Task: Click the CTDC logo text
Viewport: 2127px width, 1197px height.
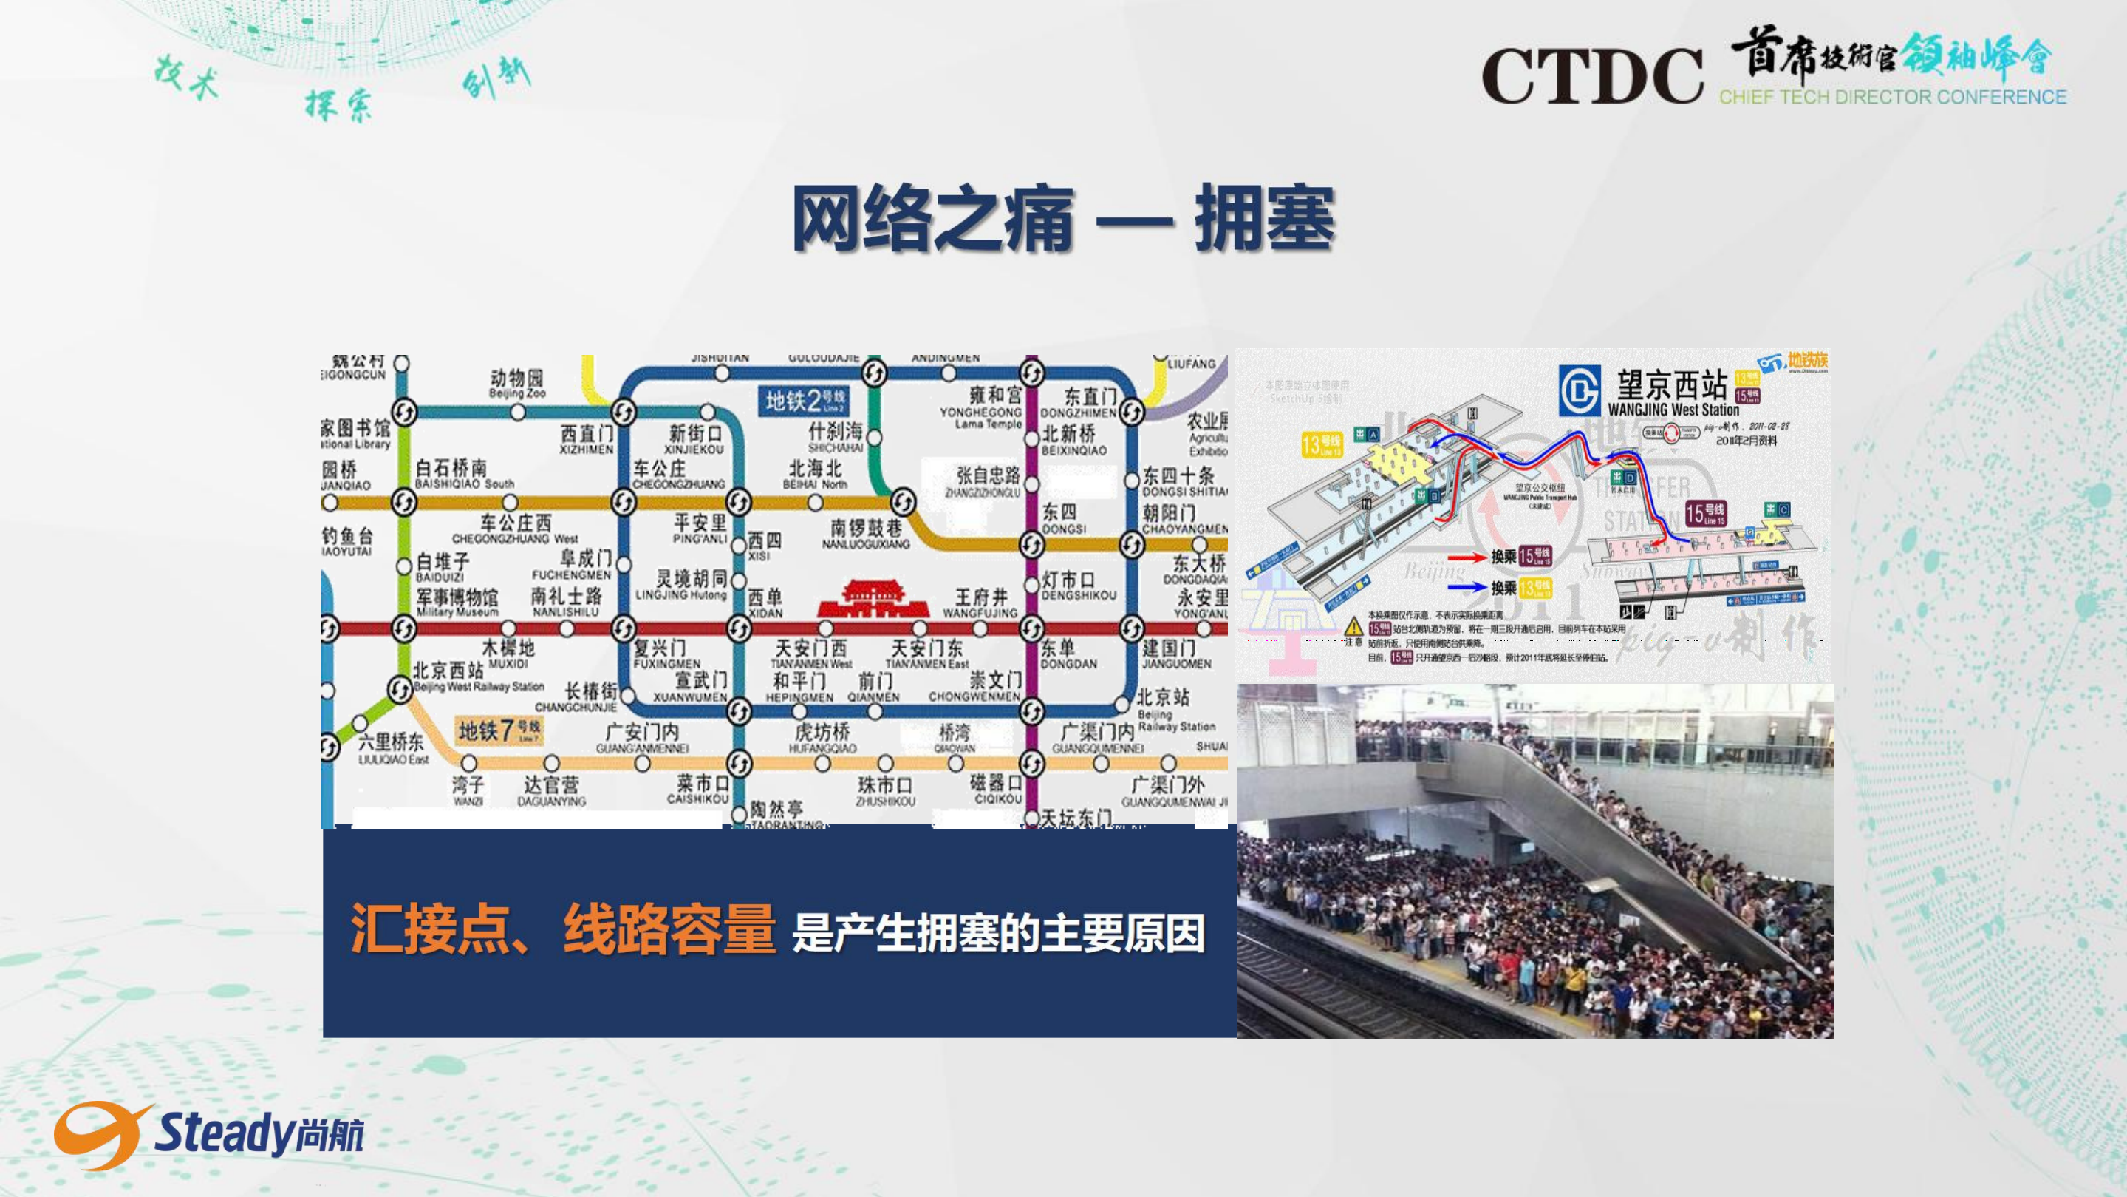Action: pos(1591,76)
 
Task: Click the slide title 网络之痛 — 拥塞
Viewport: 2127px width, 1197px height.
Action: pos(1062,219)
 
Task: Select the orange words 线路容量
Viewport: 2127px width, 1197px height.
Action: pos(669,929)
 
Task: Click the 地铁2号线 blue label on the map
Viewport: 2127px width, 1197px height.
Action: pos(805,401)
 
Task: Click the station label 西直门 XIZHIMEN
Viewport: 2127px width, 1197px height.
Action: pos(587,439)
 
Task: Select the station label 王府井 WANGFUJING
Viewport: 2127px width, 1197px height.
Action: pos(980,603)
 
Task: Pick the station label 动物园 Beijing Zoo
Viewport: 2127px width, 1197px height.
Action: pos(517,383)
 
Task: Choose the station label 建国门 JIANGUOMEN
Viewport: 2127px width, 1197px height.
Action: pos(1175,654)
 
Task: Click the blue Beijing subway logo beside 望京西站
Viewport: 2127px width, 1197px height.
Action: pos(1579,390)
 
